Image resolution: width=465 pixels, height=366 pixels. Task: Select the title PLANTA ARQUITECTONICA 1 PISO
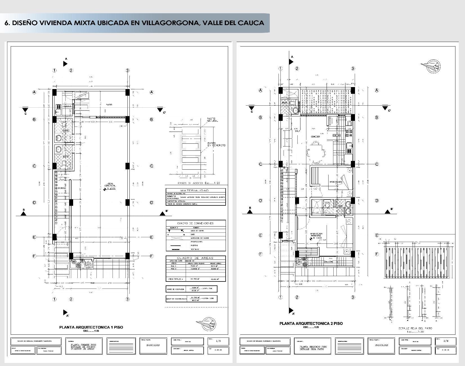point(91,327)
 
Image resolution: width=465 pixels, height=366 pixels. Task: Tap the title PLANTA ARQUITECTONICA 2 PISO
point(311,323)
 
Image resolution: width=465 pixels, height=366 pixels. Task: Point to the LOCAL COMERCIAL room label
point(110,186)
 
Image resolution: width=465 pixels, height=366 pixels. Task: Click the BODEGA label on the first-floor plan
point(62,188)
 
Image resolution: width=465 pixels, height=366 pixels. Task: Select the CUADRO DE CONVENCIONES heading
point(195,223)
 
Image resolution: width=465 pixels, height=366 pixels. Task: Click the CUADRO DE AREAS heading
point(195,258)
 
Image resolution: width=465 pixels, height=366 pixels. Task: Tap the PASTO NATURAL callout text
point(212,120)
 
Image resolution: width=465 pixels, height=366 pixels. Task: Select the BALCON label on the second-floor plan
point(328,262)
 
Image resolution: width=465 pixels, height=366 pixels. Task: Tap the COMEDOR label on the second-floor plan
point(315,137)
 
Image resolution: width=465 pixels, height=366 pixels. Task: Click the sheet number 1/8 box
point(218,341)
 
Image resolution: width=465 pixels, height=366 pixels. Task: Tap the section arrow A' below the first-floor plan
point(65,313)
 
